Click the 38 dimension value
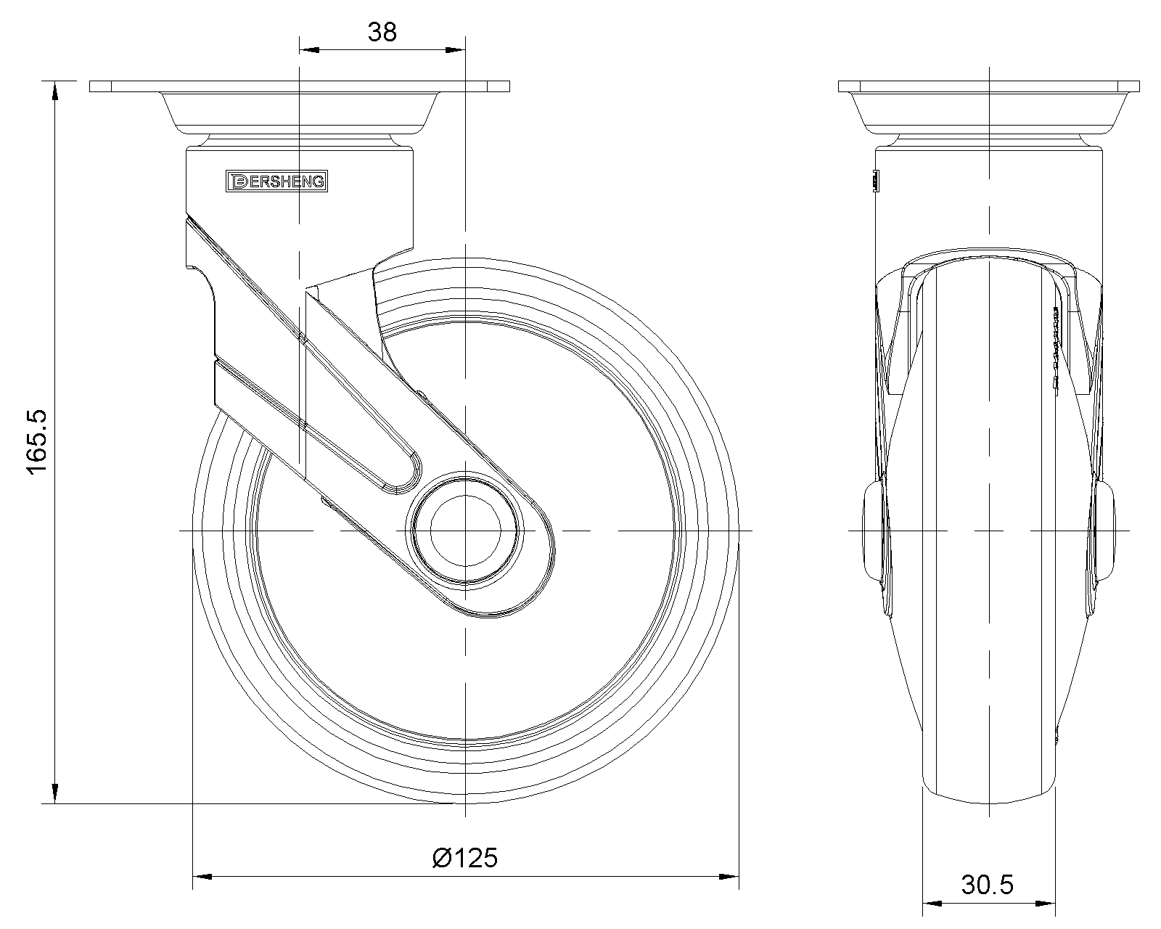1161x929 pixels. click(x=382, y=32)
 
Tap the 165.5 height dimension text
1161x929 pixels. click(x=37, y=441)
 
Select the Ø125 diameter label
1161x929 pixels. click(x=464, y=858)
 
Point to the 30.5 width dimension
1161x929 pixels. click(x=988, y=885)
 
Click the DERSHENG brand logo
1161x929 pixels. click(x=276, y=181)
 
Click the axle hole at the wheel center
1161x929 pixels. click(x=465, y=531)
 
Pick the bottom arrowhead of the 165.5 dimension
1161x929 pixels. click(x=54, y=793)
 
